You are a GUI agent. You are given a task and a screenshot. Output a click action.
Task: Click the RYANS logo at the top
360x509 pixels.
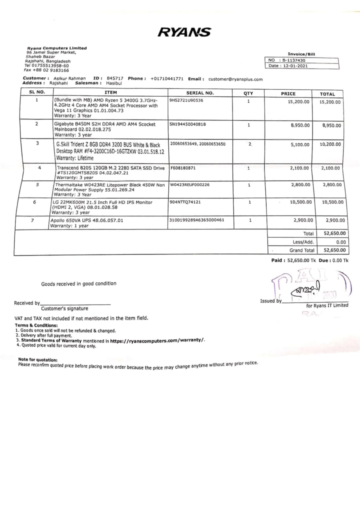(184, 32)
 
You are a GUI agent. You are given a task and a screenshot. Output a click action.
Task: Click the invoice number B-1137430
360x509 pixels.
(294, 60)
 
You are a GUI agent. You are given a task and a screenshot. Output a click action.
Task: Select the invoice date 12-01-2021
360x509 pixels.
(295, 66)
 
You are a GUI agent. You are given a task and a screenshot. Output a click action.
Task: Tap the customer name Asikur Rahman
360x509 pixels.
(70, 78)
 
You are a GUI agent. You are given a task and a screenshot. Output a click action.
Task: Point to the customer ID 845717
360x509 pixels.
(115, 78)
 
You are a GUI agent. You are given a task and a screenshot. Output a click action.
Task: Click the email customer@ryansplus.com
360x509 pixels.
(235, 79)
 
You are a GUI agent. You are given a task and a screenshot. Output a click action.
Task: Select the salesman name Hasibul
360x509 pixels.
(114, 83)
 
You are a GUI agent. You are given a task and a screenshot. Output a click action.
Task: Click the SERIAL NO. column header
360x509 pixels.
(200, 93)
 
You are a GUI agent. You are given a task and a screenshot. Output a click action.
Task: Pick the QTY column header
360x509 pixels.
(248, 93)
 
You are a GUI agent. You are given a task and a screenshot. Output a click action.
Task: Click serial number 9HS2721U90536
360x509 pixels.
(186, 100)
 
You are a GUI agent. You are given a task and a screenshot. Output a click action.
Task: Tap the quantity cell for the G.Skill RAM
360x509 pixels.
(250, 144)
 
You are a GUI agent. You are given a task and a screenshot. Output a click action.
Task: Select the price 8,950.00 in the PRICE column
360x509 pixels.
(300, 125)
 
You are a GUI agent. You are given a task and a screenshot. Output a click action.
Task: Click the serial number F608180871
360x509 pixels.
(183, 168)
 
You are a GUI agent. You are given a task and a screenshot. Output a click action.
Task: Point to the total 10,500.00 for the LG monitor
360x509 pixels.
(332, 202)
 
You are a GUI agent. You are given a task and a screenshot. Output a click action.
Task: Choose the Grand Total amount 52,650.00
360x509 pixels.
(334, 250)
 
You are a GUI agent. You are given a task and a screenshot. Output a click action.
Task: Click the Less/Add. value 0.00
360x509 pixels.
(341, 242)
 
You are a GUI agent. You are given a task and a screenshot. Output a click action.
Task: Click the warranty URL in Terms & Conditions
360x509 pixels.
(157, 340)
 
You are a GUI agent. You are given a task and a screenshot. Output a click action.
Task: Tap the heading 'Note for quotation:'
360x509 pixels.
(38, 360)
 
